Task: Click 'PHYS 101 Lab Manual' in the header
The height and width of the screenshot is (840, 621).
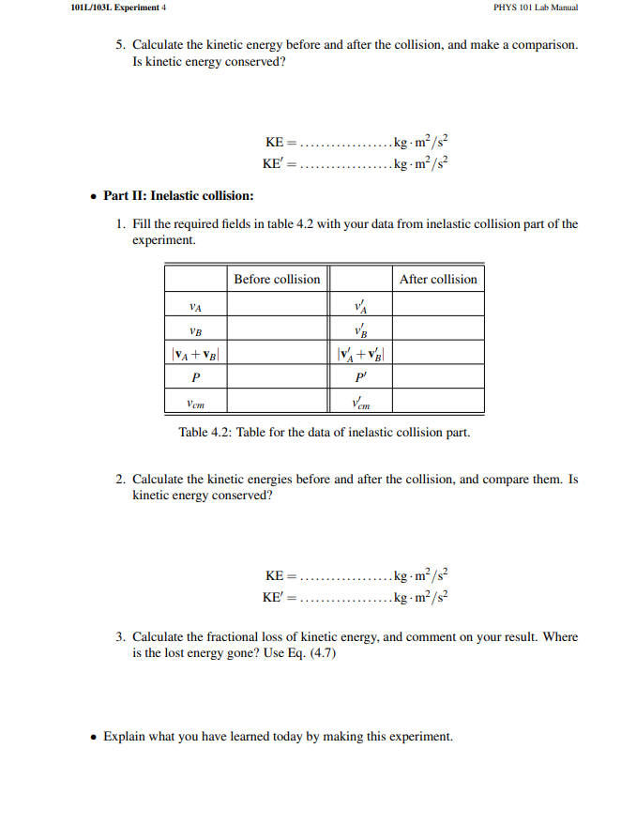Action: [x=536, y=8]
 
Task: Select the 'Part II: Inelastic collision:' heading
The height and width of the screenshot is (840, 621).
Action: [x=178, y=195]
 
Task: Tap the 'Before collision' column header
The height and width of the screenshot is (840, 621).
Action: [x=277, y=279]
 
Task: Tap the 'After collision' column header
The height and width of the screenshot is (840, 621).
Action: [x=438, y=279]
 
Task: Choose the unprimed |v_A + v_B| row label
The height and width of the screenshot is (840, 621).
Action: [x=195, y=354]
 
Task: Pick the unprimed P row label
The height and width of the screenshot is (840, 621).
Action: [x=195, y=378]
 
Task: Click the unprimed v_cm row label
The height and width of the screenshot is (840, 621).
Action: [x=195, y=403]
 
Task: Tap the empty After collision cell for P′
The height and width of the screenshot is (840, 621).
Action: [x=438, y=378]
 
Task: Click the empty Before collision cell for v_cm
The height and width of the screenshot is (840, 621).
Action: [x=277, y=403]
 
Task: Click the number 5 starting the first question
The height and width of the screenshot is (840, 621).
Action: [x=120, y=44]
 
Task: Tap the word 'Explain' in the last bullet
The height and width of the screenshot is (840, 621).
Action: [x=124, y=737]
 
